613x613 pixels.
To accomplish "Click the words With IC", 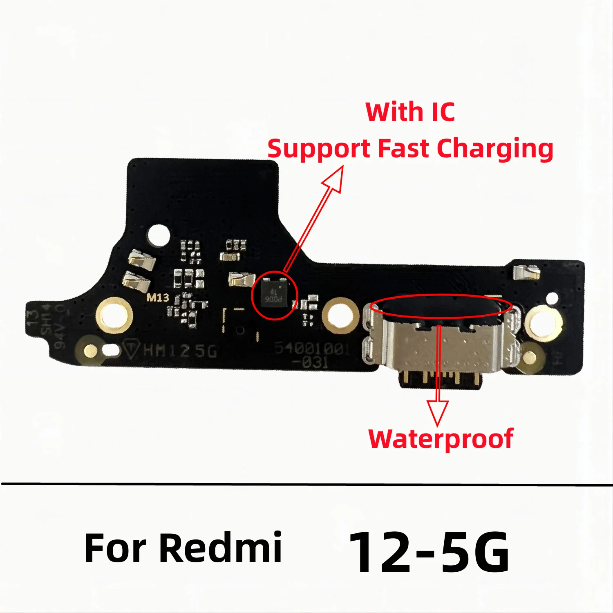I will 410,112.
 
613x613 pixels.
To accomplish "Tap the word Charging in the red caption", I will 495,149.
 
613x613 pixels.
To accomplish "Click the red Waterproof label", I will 441,439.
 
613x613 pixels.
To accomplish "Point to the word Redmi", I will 220,548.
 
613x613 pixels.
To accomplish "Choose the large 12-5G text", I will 429,552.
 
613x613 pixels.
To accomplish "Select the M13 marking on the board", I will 158,298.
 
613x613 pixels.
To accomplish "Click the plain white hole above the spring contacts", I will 159,235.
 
